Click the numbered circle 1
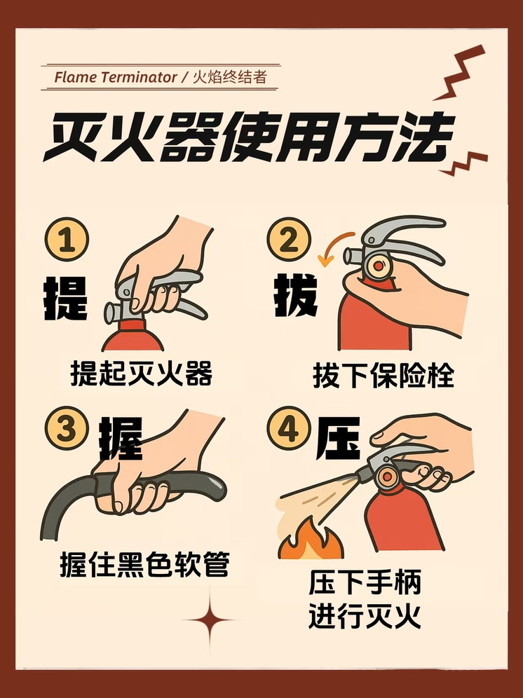coord(67,240)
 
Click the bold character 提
coord(65,298)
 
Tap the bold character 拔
coord(296,295)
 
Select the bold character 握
coord(121,439)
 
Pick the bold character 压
coord(338,439)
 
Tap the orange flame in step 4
coord(310,540)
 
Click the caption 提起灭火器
coord(141,373)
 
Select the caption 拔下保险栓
coord(383,376)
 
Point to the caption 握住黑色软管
coord(145,564)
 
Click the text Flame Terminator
coord(116,77)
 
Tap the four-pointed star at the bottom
coord(210,620)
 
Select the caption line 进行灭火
coord(365,616)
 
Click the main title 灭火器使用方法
coord(249,136)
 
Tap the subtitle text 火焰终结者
coord(230,77)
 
